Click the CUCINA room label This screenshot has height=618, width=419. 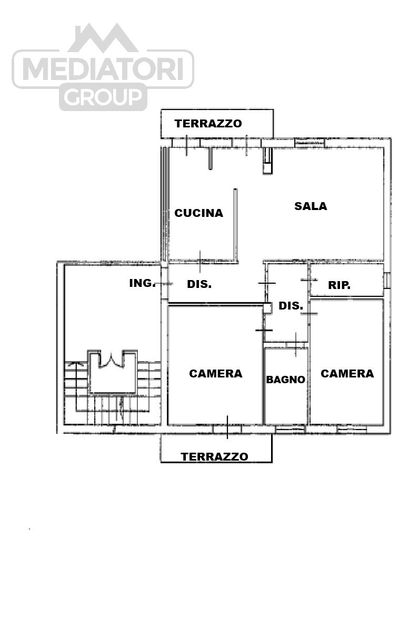(198, 213)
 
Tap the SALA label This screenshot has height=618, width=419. (311, 206)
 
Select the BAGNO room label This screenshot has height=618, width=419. (286, 380)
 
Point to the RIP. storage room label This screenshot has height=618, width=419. (340, 285)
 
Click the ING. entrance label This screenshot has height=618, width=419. (142, 283)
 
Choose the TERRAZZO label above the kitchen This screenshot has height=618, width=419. (208, 124)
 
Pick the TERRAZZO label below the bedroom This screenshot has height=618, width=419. (214, 457)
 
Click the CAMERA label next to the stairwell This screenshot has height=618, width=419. (216, 374)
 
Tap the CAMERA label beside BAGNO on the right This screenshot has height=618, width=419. (347, 374)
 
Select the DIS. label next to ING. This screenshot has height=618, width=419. (199, 284)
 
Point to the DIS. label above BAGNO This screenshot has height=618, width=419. (291, 306)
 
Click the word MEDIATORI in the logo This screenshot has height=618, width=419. (103, 69)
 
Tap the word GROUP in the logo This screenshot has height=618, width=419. (103, 97)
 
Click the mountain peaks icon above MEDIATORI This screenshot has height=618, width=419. (103, 38)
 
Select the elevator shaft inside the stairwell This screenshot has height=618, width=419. (112, 372)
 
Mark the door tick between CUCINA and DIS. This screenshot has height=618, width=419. (200, 261)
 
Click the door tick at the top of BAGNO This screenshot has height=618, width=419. (296, 344)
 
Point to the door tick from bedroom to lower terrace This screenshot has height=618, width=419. (227, 427)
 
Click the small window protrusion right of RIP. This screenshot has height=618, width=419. (387, 280)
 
